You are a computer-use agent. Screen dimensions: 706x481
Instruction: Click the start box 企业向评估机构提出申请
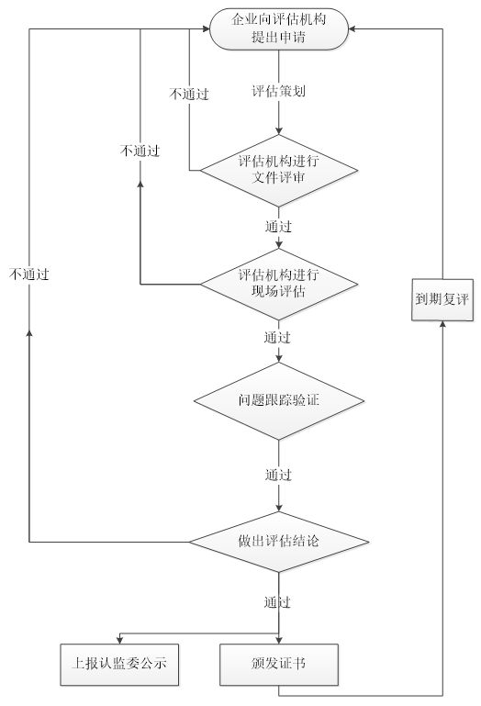(x=278, y=28)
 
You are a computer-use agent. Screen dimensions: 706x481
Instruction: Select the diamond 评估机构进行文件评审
(x=278, y=170)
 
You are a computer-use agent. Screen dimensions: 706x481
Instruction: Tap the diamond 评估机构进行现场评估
(x=278, y=283)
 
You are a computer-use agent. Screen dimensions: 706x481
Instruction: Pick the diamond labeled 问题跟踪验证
(x=278, y=401)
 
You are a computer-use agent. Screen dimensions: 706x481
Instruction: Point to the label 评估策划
(x=278, y=92)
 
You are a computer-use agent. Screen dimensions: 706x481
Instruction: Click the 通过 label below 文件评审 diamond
(x=278, y=226)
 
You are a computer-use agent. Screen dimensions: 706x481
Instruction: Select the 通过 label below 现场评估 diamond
(x=278, y=337)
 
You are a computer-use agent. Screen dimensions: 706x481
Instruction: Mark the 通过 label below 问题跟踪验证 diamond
(x=278, y=475)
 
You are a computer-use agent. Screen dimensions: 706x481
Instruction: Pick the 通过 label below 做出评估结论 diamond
(x=278, y=602)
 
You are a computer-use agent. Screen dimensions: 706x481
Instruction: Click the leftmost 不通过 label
(x=29, y=274)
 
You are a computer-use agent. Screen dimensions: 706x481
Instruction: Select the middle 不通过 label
(x=139, y=150)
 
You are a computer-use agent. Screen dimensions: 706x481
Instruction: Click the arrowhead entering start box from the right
(x=354, y=28)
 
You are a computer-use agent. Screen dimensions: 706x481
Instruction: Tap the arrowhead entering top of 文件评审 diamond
(x=278, y=130)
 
